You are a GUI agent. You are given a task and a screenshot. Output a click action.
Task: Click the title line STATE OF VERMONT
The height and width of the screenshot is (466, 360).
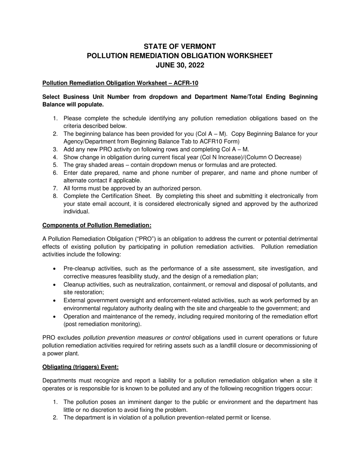pyautogui.click(x=180, y=47)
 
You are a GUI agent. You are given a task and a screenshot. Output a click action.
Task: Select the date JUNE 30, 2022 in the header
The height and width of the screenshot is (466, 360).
pyautogui.click(x=180, y=65)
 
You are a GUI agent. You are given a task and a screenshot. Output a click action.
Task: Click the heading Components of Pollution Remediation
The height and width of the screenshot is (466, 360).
pyautogui.click(x=97, y=225)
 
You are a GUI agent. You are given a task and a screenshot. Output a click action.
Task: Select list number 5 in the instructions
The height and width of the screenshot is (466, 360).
pyautogui.click(x=55, y=165)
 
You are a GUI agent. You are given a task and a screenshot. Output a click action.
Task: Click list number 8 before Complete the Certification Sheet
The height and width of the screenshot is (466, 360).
pyautogui.click(x=55, y=196)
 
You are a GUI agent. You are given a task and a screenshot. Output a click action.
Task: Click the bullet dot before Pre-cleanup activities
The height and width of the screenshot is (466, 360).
pyautogui.click(x=55, y=269)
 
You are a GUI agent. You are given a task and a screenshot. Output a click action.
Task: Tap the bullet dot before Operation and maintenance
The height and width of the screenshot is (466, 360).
pyautogui.click(x=55, y=316)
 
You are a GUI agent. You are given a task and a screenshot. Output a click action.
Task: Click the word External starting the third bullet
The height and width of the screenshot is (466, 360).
pyautogui.click(x=75, y=300)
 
